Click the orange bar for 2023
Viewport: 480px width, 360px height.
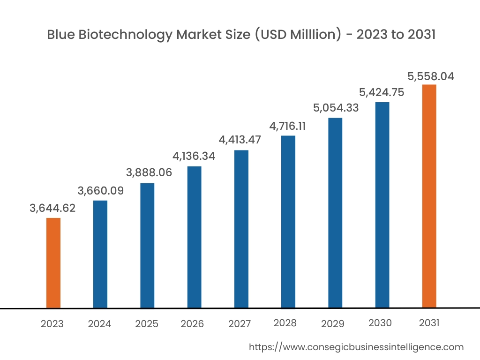[x=53, y=263]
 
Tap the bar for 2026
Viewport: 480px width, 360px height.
[x=194, y=237]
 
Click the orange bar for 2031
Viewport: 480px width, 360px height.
[x=429, y=196]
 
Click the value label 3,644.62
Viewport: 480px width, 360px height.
[x=52, y=209]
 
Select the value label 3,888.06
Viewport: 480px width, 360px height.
[x=149, y=172]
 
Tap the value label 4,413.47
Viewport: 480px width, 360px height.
[x=240, y=140]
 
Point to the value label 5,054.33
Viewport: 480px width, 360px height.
[x=336, y=108]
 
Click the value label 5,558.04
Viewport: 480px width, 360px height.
[x=430, y=76]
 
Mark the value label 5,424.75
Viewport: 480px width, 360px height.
[x=381, y=92]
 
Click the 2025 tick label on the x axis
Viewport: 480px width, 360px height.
[x=147, y=324]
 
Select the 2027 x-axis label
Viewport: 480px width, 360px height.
[x=240, y=324]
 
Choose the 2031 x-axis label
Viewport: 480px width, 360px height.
[x=428, y=323]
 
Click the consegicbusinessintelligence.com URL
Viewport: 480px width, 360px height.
[x=356, y=347]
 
